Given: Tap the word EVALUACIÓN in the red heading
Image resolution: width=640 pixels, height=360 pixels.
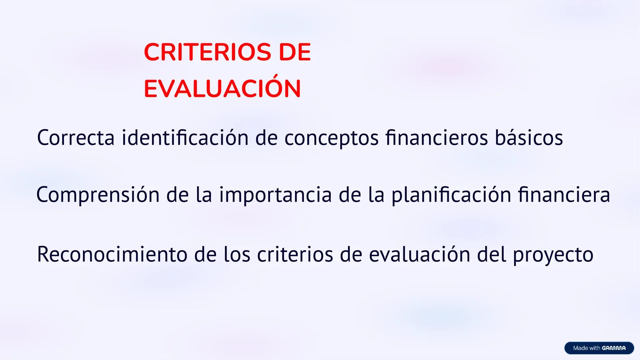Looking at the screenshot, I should tap(222, 89).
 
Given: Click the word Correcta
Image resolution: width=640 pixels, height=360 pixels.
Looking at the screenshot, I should tap(76, 138).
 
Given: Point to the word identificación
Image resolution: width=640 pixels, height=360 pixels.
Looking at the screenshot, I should tap(185, 138).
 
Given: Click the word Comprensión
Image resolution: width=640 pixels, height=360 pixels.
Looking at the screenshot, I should tap(98, 195).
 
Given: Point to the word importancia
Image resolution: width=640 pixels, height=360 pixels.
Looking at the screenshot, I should tap(275, 195).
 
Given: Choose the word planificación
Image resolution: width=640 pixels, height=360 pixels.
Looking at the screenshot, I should tap(451, 195).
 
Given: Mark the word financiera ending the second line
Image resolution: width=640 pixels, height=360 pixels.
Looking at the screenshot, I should tap(564, 195).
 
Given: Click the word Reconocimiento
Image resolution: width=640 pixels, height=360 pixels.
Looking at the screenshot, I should tap(112, 254).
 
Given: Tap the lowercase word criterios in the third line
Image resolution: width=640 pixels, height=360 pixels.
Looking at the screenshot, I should tap(295, 254).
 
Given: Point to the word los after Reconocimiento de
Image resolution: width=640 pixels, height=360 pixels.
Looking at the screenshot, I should tap(237, 254).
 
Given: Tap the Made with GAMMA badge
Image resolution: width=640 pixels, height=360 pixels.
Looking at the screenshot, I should tap(599, 348).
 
